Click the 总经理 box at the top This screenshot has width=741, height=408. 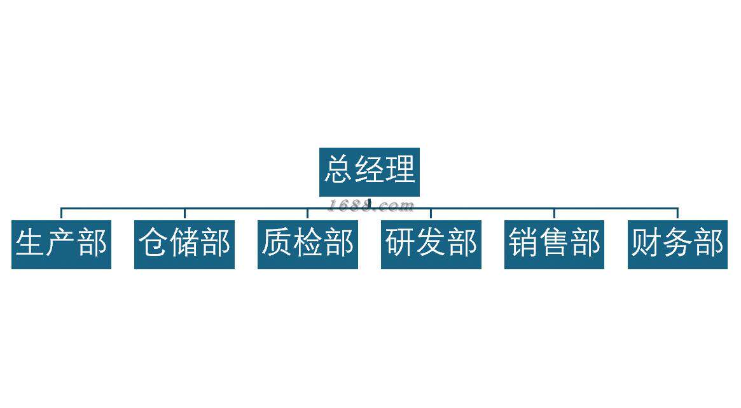click(x=370, y=171)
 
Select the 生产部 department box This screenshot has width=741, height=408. click(x=61, y=244)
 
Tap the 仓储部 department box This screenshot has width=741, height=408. click(x=184, y=244)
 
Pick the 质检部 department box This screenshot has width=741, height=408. click(x=308, y=244)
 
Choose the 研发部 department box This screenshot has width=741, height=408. click(x=431, y=244)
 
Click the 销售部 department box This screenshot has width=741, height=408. click(x=554, y=244)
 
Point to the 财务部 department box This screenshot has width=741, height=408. click(x=677, y=244)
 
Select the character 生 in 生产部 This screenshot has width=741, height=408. click(x=30, y=243)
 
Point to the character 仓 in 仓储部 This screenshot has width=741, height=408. click(x=153, y=243)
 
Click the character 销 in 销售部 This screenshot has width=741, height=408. click(x=523, y=243)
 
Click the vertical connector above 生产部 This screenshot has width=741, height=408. click(x=61, y=214)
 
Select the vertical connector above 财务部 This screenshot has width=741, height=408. click(x=677, y=214)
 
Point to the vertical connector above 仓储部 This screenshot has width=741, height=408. click(x=184, y=214)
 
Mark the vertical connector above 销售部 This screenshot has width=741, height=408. click(x=554, y=214)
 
